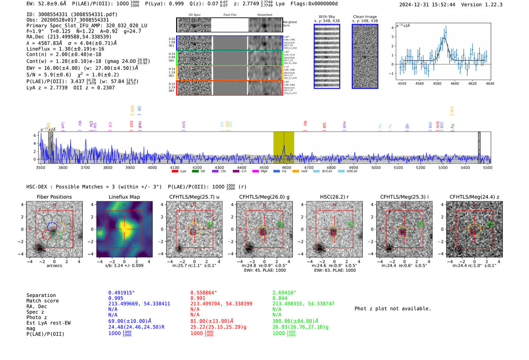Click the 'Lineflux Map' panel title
coord(124,197)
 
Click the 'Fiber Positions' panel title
coord(54,197)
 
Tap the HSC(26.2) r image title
coord(334,197)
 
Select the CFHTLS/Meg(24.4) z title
coord(474,197)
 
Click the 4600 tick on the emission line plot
coord(455,83)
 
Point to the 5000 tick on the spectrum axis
coord(376,167)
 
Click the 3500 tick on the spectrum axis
coord(40,167)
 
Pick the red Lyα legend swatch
coord(175,172)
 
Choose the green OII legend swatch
coord(195,172)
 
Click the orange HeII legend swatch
coord(295,172)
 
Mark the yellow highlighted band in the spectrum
coord(284,147)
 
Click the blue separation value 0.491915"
coord(121,293)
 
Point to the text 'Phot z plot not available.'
coord(393,309)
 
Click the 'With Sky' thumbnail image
coord(327,56)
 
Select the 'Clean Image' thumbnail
coord(365,56)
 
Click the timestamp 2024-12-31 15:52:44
coord(427,5)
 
